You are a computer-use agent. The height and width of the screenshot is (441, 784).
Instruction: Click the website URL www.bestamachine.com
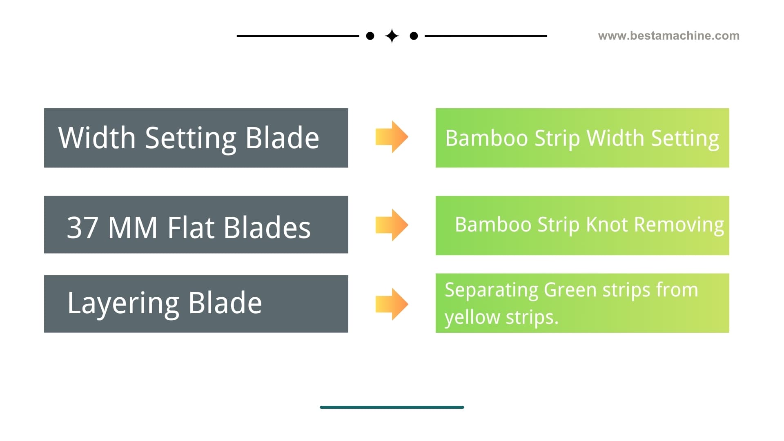(x=668, y=36)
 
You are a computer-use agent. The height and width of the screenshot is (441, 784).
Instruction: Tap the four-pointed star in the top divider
(x=392, y=36)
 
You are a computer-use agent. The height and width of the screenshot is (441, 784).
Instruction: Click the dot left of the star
(x=370, y=36)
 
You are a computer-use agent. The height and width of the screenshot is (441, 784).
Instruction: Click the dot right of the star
(x=414, y=36)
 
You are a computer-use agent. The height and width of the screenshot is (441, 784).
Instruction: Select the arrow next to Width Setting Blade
(x=392, y=137)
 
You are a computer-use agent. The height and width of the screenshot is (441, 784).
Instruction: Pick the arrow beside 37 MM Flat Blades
(x=392, y=225)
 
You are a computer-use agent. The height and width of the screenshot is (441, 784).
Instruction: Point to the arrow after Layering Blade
(x=392, y=304)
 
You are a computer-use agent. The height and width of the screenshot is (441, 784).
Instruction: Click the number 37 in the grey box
(x=83, y=227)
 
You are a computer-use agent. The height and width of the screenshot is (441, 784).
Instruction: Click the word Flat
(x=191, y=227)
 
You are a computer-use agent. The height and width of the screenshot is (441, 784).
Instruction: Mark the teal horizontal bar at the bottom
(x=392, y=407)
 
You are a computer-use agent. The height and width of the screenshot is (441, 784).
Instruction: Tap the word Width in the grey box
(x=97, y=138)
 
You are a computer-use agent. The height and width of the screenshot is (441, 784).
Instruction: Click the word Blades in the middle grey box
(x=267, y=227)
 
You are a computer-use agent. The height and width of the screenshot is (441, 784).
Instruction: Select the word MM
(x=133, y=227)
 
